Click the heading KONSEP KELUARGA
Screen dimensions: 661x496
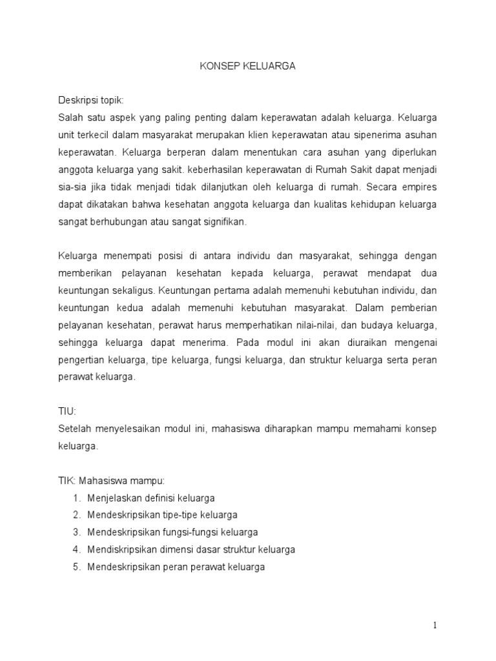coord(247,66)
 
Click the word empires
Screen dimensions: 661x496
coord(420,188)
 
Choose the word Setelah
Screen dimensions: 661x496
coord(74,429)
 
